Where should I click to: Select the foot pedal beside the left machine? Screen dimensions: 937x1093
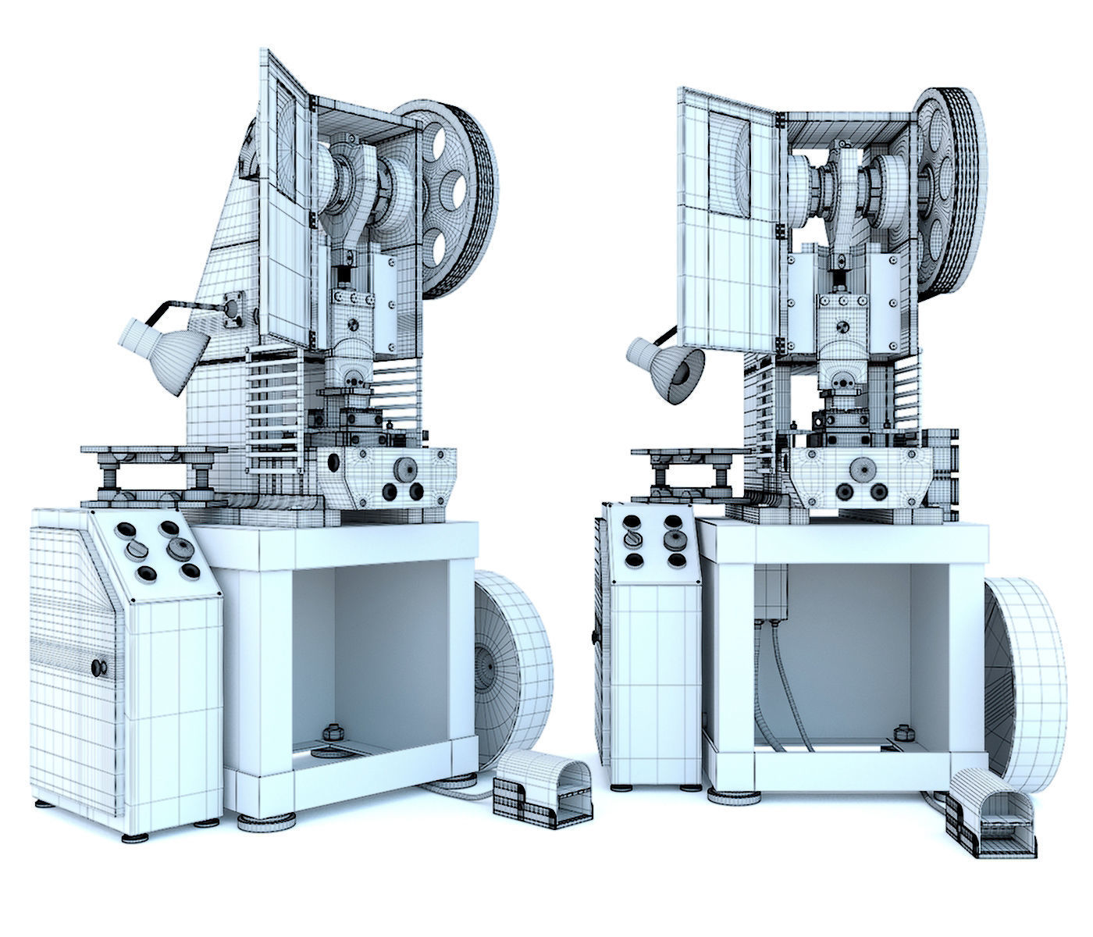click(x=542, y=796)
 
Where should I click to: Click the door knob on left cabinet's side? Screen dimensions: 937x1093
click(x=99, y=667)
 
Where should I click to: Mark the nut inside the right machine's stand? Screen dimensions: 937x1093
click(x=905, y=733)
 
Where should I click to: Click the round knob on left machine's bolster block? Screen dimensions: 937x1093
click(x=404, y=468)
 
